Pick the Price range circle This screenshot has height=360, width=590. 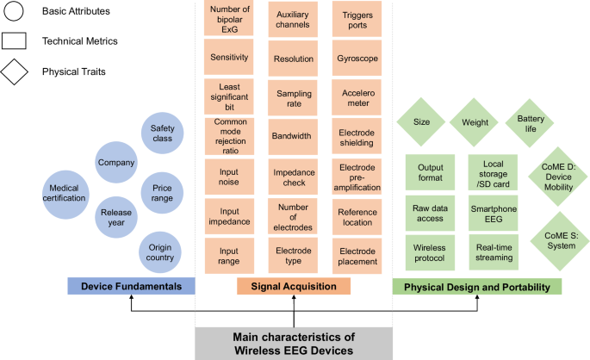[162, 192]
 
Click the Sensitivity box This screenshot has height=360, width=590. [229, 58]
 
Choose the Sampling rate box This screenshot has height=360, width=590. [294, 98]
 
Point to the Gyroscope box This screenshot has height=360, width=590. [358, 58]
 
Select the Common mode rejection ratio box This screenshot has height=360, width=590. [229, 136]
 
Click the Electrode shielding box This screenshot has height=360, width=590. [358, 138]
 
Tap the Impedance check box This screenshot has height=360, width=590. [294, 177]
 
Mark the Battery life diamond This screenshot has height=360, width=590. [529, 124]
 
